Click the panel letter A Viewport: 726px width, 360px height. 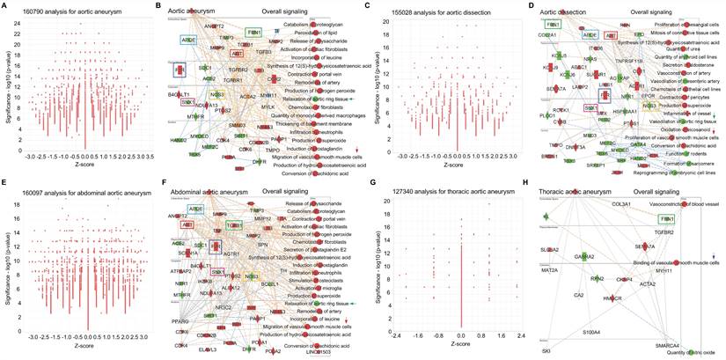coord(5,6)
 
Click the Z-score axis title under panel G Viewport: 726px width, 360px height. coord(461,345)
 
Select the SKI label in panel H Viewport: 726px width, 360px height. coord(546,350)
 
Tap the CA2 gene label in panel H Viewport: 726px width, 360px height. coord(579,295)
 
